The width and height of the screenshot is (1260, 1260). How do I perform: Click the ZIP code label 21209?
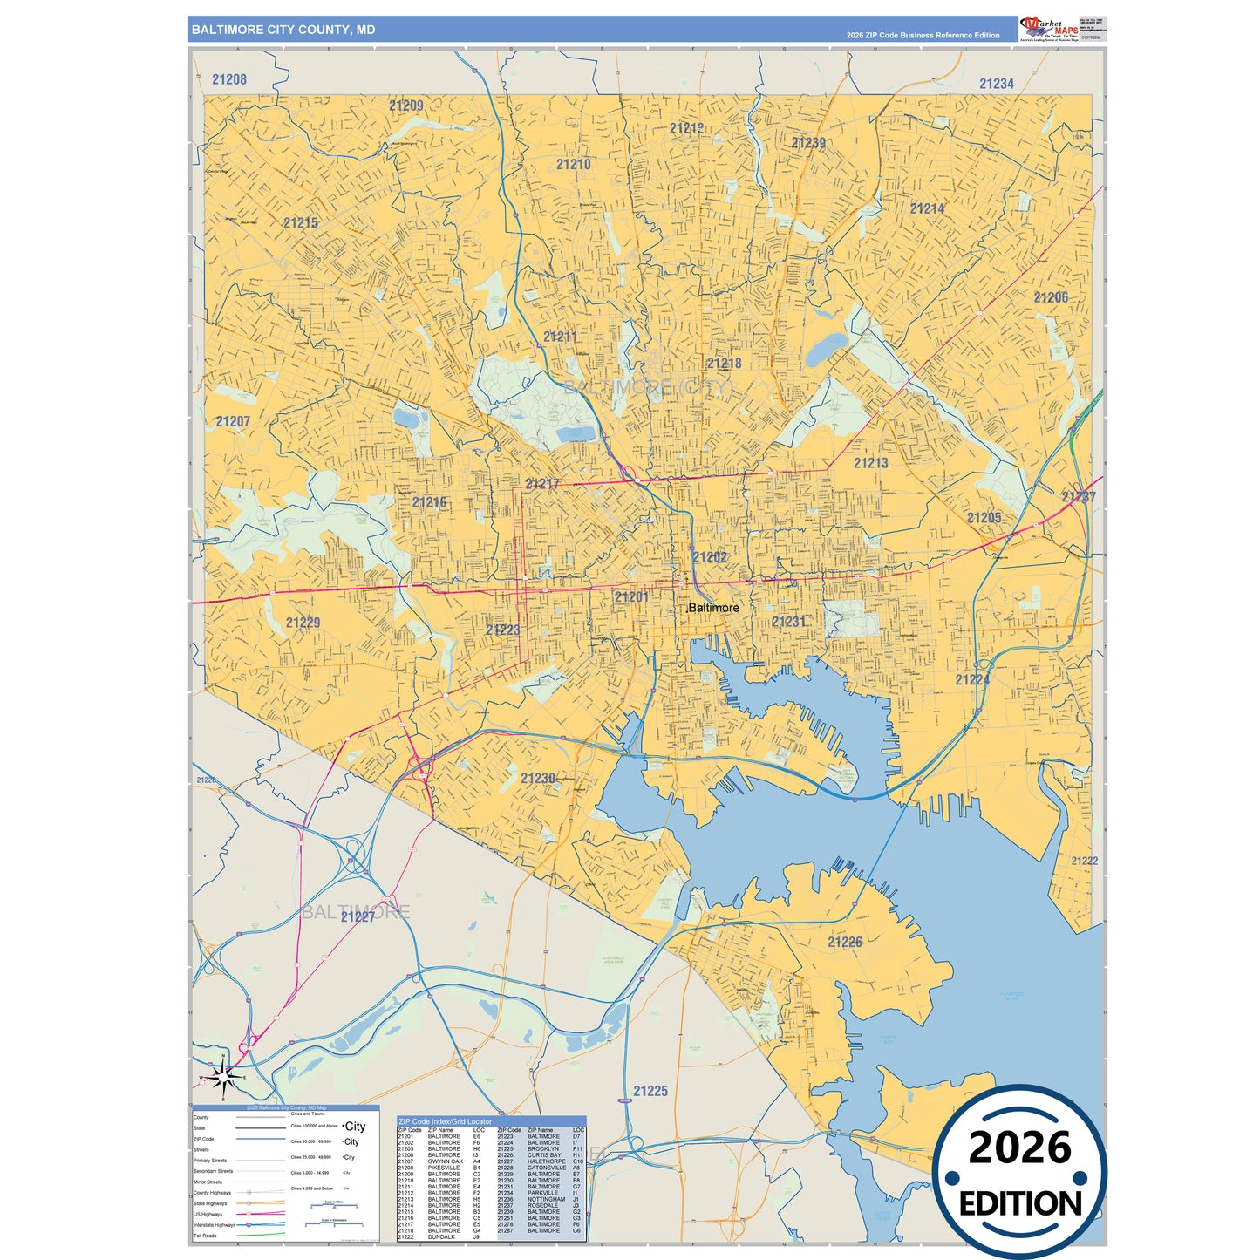[x=405, y=106]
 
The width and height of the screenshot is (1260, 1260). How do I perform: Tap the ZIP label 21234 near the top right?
[x=996, y=84]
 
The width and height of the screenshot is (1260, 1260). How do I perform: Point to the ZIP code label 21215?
[x=301, y=223]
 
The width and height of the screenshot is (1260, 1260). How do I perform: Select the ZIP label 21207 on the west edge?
[x=233, y=422]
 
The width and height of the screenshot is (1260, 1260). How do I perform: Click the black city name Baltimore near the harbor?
[x=713, y=608]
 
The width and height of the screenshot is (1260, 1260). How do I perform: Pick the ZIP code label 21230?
[x=538, y=779]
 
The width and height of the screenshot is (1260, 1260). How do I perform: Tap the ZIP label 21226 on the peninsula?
[x=844, y=943]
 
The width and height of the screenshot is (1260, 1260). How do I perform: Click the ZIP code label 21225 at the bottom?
[x=650, y=1091]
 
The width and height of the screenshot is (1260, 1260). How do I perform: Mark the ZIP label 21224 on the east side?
[x=971, y=680]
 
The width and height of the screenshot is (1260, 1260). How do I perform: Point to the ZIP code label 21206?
[x=1051, y=298]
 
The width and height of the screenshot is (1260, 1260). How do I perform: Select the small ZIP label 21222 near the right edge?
[x=1084, y=861]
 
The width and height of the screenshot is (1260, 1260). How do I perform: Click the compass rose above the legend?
[x=224, y=1078]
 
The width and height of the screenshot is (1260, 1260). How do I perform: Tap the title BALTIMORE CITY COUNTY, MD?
[x=283, y=30]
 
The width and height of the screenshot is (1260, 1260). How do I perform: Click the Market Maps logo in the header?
[x=1049, y=28]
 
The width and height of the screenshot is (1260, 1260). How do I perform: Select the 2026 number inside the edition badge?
[x=1019, y=1148]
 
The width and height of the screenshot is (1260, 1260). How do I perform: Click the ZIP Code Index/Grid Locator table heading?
[x=445, y=1121]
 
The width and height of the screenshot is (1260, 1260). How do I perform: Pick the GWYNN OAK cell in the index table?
[x=445, y=1161]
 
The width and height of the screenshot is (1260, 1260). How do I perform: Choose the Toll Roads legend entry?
[x=205, y=1236]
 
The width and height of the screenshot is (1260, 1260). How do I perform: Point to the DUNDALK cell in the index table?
[x=441, y=1236]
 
